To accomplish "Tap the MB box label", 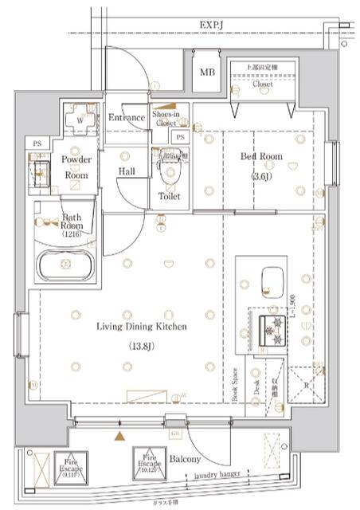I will [x=207, y=73].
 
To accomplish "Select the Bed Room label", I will [x=261, y=157].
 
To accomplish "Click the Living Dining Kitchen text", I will [x=142, y=327].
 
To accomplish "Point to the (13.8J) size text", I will [x=142, y=347].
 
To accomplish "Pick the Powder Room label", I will [x=77, y=167].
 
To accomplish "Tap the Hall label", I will [x=127, y=171].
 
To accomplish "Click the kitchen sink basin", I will [x=272, y=279].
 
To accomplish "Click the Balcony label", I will [x=184, y=460].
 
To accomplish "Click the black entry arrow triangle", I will [x=120, y=436].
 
